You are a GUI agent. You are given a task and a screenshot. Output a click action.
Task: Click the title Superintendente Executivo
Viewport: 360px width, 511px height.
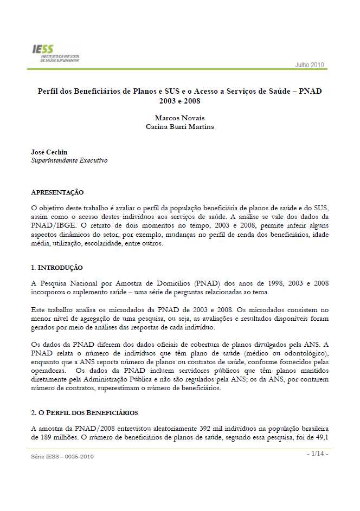(x=69, y=161)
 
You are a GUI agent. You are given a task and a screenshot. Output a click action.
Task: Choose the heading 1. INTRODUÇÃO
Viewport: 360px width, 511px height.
(x=57, y=267)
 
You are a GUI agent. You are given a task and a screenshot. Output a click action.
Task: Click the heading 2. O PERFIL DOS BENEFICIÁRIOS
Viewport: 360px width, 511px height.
(x=84, y=412)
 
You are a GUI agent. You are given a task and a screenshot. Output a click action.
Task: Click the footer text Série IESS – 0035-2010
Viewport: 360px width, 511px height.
(x=62, y=457)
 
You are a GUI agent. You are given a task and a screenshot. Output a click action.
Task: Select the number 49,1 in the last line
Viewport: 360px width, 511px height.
(x=322, y=437)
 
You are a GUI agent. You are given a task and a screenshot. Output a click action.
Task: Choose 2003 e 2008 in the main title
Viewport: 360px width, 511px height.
(x=179, y=100)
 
